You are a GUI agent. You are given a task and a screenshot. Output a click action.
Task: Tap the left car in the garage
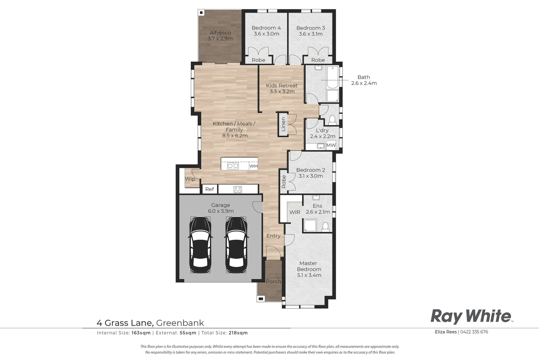200,245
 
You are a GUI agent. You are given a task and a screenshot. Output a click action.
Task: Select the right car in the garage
236,245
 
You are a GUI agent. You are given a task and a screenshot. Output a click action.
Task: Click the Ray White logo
471,316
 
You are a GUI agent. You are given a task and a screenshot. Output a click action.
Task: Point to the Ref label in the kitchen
209,189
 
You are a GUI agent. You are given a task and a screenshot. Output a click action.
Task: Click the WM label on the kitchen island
254,166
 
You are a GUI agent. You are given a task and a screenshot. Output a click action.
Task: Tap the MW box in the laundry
331,145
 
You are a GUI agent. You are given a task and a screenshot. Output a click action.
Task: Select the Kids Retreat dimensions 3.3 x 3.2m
282,92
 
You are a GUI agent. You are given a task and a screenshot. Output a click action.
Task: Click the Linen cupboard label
283,124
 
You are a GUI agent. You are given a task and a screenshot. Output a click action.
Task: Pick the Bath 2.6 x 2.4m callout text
364,80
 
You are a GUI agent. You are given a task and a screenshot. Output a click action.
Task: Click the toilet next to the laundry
332,119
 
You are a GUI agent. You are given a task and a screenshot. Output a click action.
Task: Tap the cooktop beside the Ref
238,189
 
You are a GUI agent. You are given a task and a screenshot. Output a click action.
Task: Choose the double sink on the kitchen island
233,166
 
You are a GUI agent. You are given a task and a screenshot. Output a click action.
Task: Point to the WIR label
295,212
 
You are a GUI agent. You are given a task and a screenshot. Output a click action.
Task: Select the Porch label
273,281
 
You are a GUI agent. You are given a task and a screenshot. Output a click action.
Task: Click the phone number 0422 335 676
474,332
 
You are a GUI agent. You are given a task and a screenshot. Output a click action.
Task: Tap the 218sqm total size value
238,333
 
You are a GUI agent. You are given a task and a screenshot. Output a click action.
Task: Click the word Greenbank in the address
180,323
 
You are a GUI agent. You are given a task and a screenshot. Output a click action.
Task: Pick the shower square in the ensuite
310,225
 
